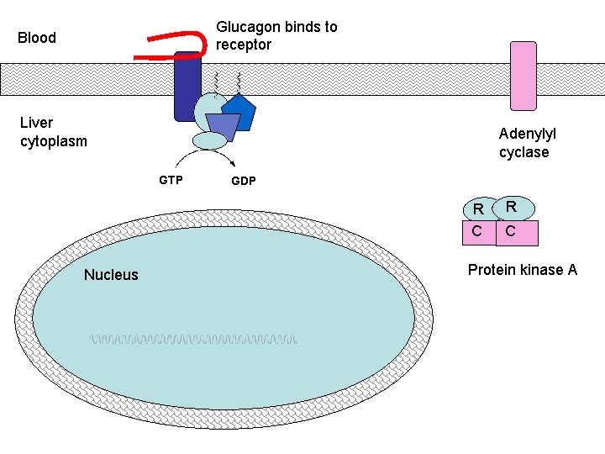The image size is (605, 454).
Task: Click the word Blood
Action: tap(37, 38)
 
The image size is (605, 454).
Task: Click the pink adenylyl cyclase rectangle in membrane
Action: tap(523, 76)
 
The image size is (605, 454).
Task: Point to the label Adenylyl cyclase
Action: tap(527, 143)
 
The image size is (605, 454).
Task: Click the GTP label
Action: tap(171, 180)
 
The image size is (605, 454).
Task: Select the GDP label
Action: tap(244, 182)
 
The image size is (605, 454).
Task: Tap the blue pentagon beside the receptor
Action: tap(239, 112)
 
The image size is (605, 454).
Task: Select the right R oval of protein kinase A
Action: tap(513, 207)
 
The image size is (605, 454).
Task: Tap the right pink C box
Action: tap(517, 233)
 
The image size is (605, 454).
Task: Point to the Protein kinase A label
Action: tap(522, 270)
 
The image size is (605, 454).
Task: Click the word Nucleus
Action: tap(111, 275)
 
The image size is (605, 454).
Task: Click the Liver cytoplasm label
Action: tap(53, 132)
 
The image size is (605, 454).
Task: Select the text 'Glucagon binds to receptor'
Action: tap(276, 35)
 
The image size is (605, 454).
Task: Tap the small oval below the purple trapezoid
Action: tap(210, 140)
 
